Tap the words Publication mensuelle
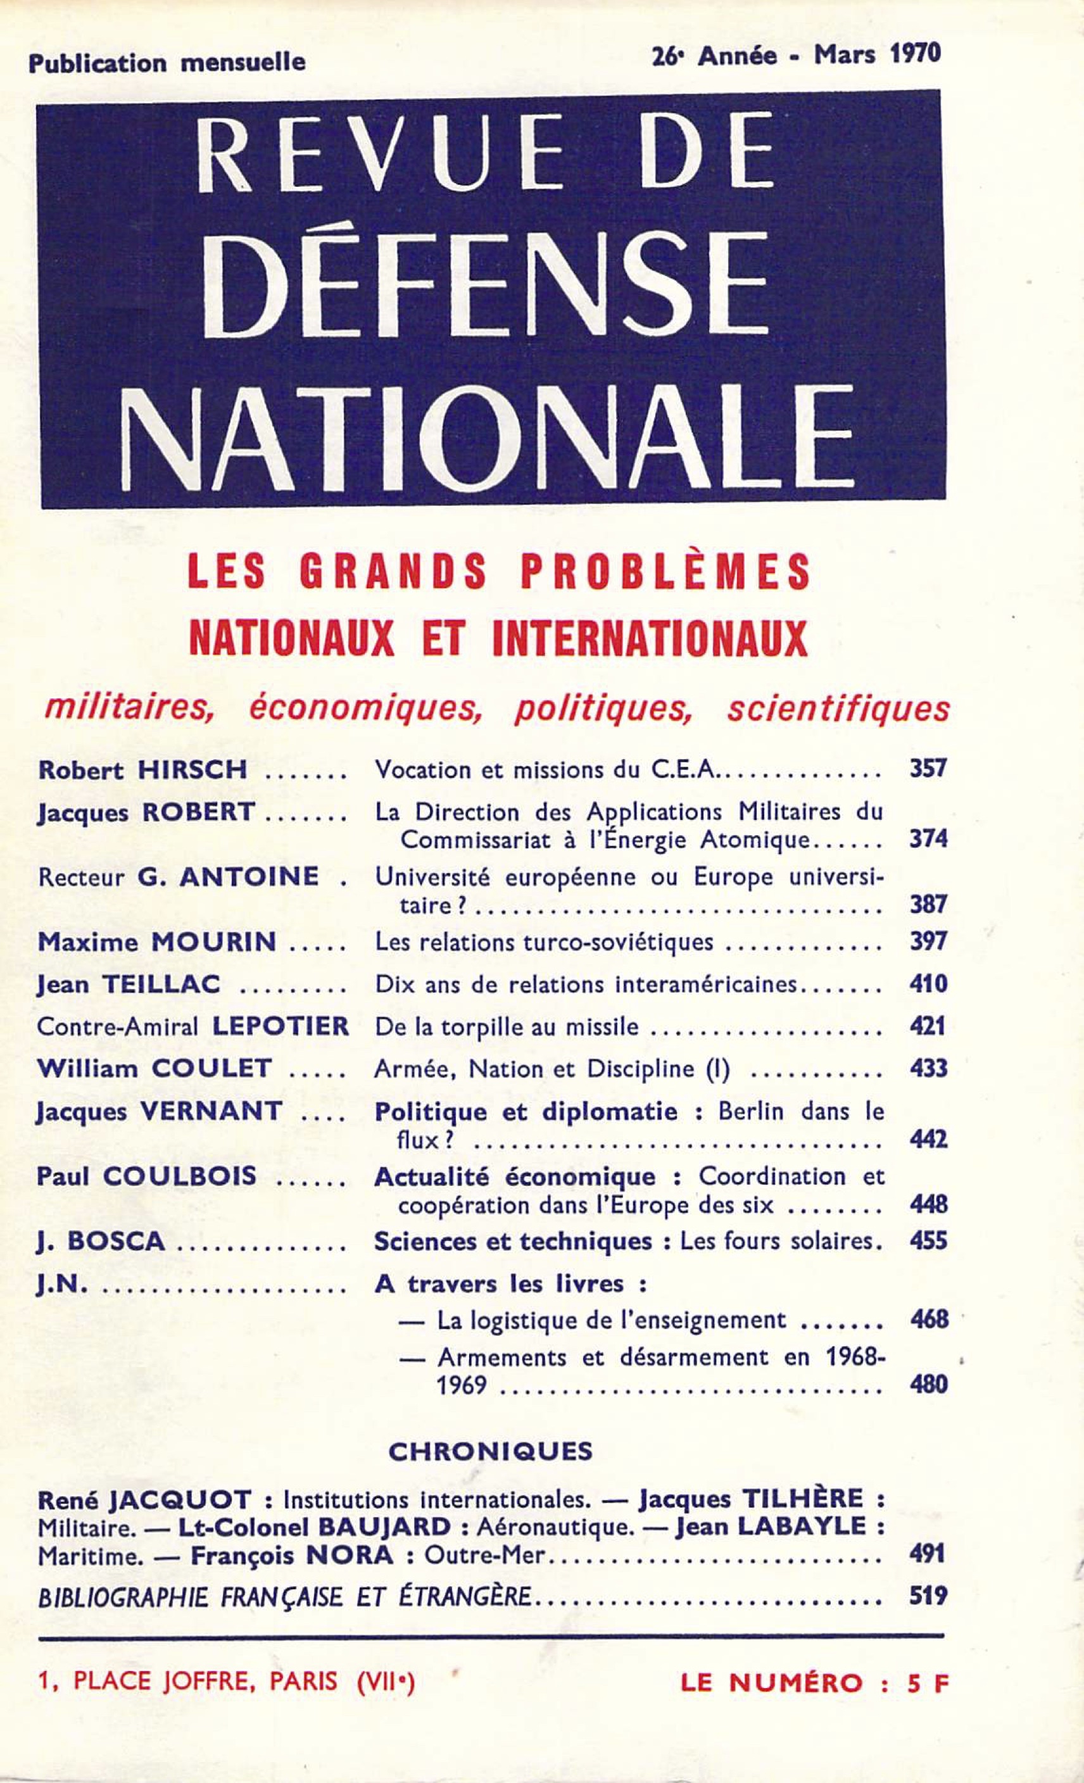[167, 63]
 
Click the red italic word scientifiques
[837, 709]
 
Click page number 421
[927, 1026]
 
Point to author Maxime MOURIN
[157, 942]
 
